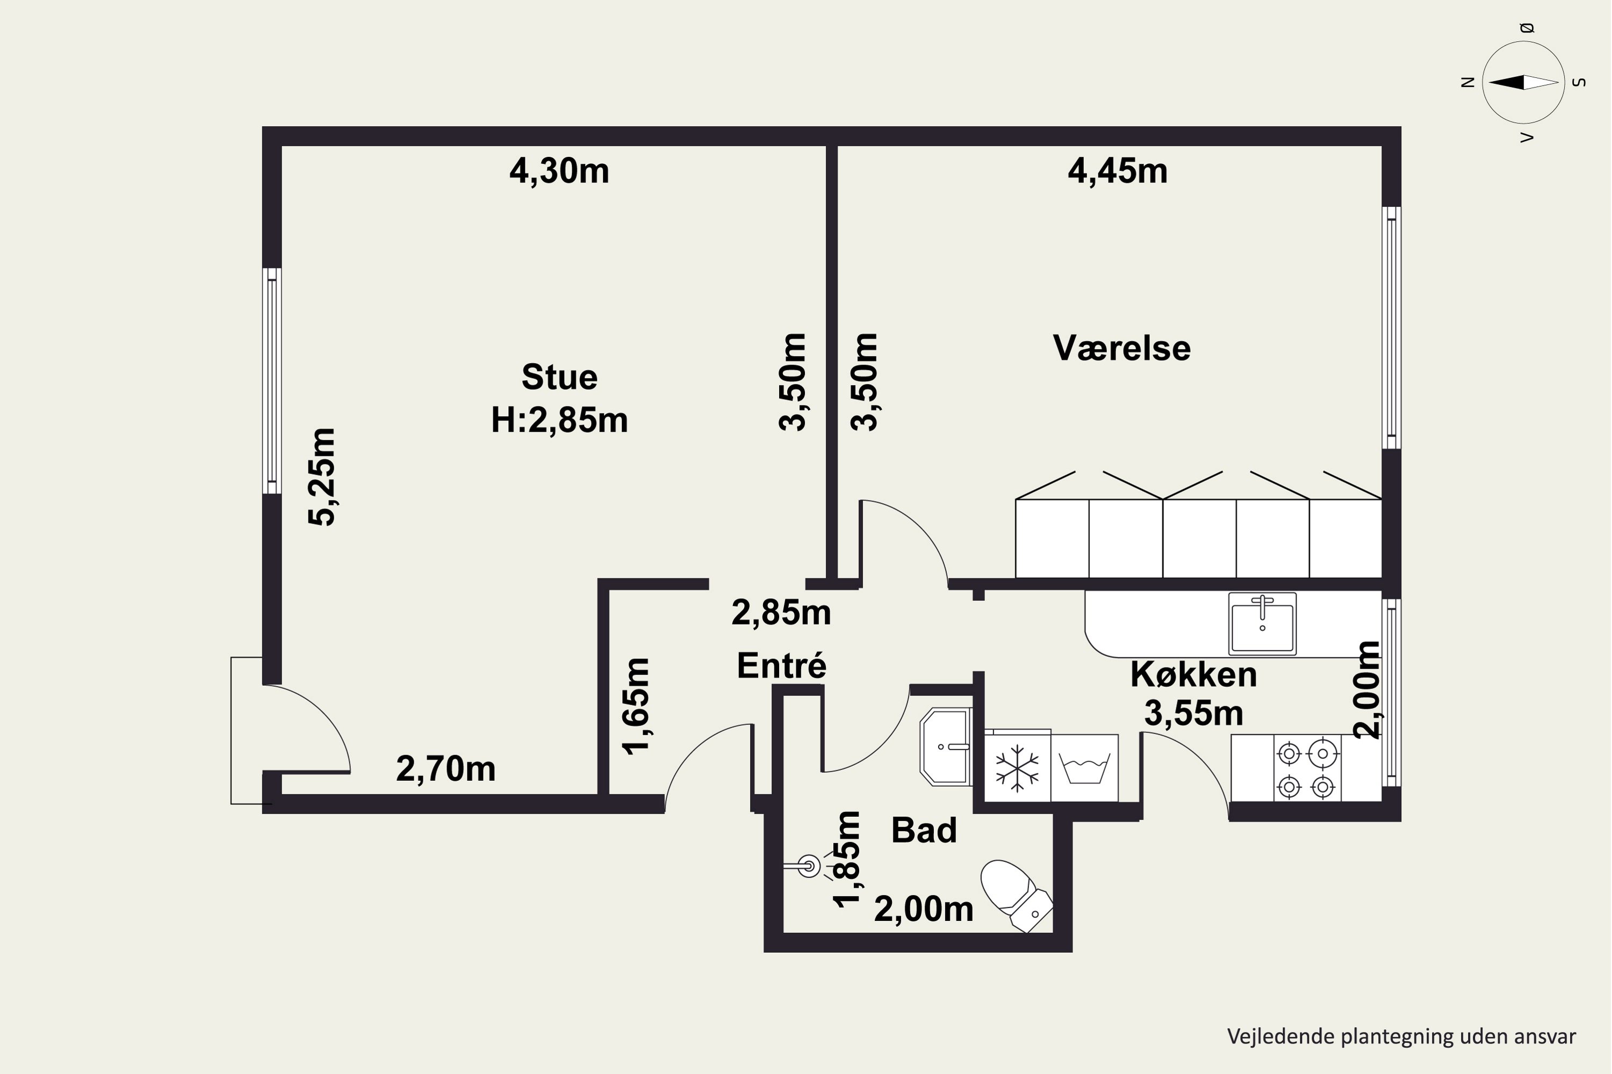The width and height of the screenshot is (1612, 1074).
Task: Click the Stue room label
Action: click(559, 377)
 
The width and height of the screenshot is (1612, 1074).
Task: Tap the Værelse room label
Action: click(1121, 348)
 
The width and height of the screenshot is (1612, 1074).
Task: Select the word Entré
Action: click(781, 665)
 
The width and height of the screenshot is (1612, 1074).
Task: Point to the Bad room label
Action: click(923, 830)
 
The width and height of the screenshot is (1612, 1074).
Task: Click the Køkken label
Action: click(1193, 674)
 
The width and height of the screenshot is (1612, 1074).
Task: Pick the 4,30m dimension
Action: click(559, 171)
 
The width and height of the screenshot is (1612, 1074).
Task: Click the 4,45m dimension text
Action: click(1117, 171)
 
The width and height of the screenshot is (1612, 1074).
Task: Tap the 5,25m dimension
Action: click(321, 477)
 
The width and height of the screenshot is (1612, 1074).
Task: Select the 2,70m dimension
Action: click(445, 768)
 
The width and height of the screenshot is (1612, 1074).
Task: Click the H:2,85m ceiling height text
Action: click(559, 419)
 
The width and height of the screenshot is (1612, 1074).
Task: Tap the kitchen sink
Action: click(1262, 624)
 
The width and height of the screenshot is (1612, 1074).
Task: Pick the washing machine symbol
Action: click(1084, 768)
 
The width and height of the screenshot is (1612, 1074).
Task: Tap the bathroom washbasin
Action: click(946, 746)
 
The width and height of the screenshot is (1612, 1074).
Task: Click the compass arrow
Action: click(1523, 82)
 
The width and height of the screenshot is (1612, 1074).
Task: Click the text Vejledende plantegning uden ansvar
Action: click(1401, 1036)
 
